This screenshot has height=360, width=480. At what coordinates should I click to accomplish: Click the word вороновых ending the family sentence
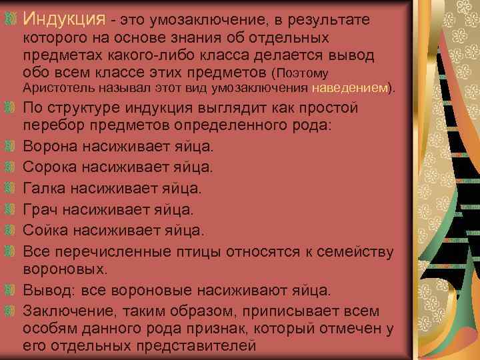point(63,269)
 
